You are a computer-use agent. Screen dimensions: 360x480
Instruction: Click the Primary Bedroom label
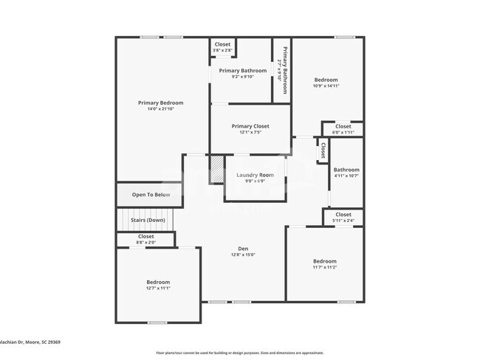[160, 103]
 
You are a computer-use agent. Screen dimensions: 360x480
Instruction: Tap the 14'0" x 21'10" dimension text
[160, 109]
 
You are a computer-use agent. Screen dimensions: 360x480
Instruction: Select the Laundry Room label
[255, 175]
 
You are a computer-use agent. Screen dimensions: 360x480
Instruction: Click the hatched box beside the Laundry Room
[216, 170]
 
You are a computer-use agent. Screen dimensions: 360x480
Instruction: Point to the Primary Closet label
[250, 126]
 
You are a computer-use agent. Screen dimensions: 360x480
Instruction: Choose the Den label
[242, 249]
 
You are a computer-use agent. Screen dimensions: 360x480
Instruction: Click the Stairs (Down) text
[148, 220]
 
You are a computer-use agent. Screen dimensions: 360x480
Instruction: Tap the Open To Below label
[151, 195]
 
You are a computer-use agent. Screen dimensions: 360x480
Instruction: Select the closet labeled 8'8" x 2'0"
[145, 239]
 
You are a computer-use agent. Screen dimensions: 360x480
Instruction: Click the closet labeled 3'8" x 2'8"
[222, 47]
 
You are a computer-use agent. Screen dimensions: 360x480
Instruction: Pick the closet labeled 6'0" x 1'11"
[343, 129]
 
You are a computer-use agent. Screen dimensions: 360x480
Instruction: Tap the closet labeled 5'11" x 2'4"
[343, 217]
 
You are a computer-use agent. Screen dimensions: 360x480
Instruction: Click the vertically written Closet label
[322, 150]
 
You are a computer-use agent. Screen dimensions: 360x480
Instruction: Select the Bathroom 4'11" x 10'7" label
[346, 172]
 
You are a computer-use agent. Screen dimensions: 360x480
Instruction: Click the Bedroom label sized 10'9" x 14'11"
[326, 83]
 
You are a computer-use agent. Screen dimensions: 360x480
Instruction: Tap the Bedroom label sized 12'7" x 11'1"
[157, 285]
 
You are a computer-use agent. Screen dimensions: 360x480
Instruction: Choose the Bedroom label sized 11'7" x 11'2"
[324, 264]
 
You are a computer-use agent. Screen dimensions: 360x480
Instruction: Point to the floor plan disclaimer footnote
[239, 353]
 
